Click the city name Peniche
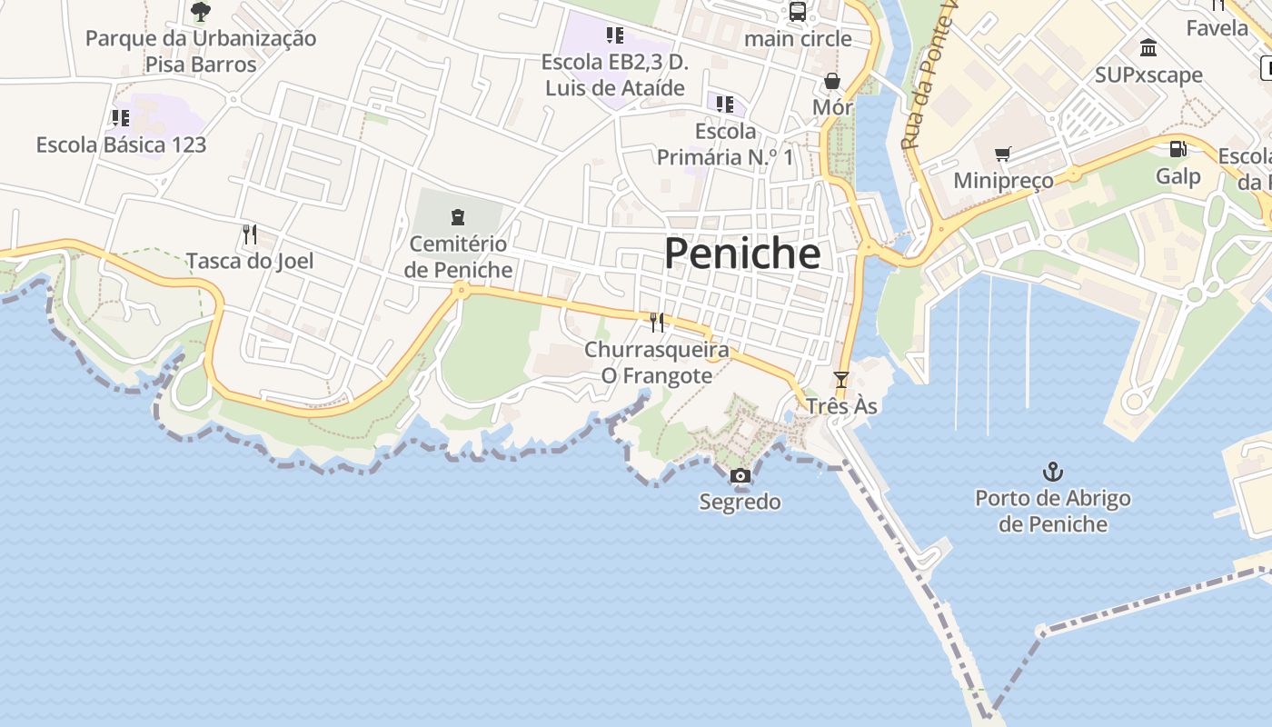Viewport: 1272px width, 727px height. (742, 254)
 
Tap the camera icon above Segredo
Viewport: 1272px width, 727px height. (740, 475)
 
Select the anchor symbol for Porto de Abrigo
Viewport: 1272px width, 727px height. (1052, 472)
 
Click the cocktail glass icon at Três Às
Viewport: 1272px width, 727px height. (840, 380)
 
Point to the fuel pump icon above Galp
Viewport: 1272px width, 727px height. (1178, 149)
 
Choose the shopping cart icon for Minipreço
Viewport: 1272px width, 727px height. (1002, 154)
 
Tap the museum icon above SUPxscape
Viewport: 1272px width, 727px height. (1148, 47)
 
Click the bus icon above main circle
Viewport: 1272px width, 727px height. (798, 12)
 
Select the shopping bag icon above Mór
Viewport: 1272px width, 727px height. (831, 82)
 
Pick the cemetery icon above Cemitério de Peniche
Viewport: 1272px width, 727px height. (458, 217)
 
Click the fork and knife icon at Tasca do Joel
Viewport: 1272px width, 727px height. (250, 234)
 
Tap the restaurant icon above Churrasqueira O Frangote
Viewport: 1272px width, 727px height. (657, 322)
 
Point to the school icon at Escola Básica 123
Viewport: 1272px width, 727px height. (121, 118)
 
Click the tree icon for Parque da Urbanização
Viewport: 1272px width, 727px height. (201, 12)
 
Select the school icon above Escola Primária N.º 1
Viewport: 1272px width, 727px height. (724, 105)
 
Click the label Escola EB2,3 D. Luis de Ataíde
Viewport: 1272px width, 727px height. (614, 75)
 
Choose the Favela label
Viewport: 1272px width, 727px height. (1217, 28)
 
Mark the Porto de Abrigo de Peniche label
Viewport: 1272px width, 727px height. (1052, 512)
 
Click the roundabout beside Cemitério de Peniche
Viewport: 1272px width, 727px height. (462, 291)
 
